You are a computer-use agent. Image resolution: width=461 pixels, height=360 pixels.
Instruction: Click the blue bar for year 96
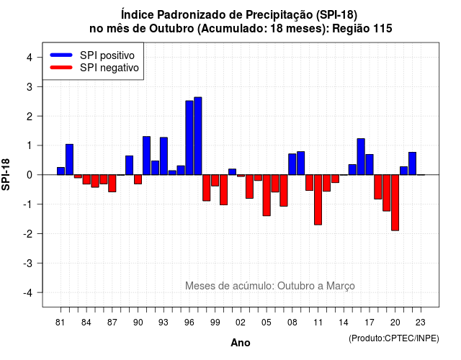click(189, 138)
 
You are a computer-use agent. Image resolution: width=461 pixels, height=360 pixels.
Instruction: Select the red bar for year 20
click(395, 203)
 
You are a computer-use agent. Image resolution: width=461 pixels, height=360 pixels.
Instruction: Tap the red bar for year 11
click(318, 200)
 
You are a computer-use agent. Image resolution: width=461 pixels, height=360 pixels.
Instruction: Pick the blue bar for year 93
click(164, 156)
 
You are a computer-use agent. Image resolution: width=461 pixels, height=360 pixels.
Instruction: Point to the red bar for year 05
click(267, 195)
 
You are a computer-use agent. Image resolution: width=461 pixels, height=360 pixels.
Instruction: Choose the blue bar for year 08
click(292, 164)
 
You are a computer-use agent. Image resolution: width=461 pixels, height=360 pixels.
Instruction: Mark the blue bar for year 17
click(370, 165)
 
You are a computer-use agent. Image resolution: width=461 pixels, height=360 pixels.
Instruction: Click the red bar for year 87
click(112, 184)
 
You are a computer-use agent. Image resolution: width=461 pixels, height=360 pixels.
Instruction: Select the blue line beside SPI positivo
click(61, 55)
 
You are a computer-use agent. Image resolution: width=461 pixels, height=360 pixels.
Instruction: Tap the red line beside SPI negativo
click(61, 68)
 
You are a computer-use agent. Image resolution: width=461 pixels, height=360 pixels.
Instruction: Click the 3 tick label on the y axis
click(29, 87)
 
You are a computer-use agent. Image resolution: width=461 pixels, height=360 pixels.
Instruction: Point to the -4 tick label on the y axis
click(28, 293)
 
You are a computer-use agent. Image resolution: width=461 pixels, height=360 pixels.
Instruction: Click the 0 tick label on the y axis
click(29, 175)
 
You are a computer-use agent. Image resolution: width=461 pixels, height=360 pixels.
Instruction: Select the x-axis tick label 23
click(421, 323)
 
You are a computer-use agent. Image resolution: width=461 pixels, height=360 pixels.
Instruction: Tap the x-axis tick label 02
click(240, 323)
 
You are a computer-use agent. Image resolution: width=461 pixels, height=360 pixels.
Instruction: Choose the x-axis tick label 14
click(344, 323)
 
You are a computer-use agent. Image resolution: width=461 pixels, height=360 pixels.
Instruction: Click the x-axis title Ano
click(241, 343)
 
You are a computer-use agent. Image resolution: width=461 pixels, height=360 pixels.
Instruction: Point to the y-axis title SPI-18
click(6, 174)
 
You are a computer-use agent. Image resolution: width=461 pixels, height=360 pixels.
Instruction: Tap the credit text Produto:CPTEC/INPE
click(394, 338)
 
